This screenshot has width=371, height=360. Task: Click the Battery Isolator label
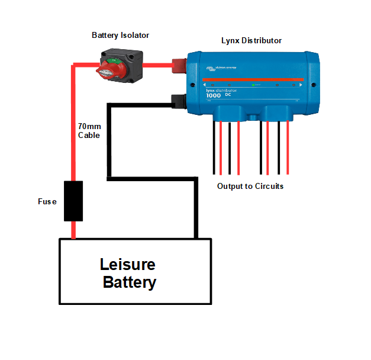[x=120, y=36]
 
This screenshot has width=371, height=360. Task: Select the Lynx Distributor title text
[x=251, y=41]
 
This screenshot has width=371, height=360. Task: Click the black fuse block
[x=73, y=202]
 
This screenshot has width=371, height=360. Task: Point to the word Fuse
[x=47, y=202]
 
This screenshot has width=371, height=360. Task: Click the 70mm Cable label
[x=89, y=131]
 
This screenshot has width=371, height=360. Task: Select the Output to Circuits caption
[x=250, y=187]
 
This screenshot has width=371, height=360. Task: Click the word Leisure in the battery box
[x=128, y=265]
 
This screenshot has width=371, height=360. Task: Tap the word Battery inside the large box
[x=130, y=282]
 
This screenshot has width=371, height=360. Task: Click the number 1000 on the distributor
[x=213, y=96]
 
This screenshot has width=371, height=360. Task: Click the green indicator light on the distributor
[x=253, y=86]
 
